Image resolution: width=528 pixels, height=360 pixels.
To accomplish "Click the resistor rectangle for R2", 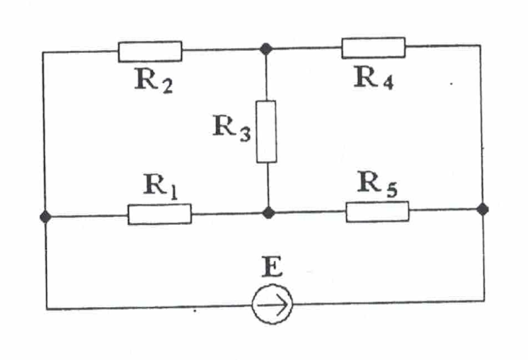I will coord(150,51).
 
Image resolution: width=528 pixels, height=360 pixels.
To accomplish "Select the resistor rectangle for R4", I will coord(373,48).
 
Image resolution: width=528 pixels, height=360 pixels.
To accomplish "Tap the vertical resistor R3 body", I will coord(266,132).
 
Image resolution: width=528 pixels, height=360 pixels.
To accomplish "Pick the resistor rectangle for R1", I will coord(159,214).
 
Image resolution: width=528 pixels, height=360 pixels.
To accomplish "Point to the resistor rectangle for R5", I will coord(377,211).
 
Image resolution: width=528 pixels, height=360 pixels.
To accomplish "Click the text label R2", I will coord(154,81).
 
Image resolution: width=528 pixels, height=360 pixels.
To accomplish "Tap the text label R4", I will coord(375,79).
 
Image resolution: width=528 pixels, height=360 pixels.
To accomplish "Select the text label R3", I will coord(231,128).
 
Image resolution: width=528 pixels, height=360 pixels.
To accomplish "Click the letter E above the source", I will coord(271,268).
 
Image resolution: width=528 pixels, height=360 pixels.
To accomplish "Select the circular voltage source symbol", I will coord(272,306).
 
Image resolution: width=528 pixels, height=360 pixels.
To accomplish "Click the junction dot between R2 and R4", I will coord(266,49).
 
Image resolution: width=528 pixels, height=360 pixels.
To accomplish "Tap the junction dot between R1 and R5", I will coord(268,212).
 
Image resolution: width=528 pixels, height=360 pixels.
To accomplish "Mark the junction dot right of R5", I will coord(483,209).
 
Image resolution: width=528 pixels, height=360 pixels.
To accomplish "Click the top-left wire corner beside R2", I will coord(44,52).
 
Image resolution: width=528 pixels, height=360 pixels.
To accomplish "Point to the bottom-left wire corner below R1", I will coord(47,308).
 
